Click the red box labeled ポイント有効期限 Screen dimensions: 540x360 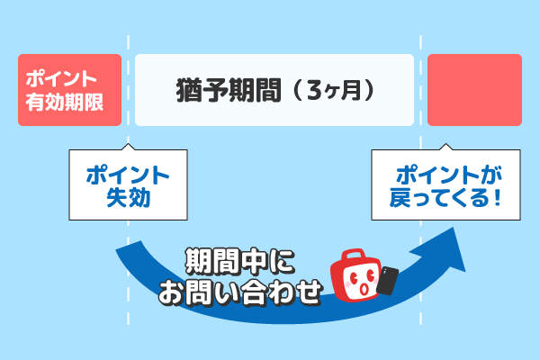69,90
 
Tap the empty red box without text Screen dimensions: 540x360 474,90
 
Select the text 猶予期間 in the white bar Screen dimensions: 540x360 229,91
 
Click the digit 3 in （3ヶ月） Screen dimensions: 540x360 314,90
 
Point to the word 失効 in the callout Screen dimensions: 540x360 128,198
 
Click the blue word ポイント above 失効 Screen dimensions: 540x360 128,175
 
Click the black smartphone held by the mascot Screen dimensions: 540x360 388,281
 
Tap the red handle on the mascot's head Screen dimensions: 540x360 353,256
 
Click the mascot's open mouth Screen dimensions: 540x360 364,289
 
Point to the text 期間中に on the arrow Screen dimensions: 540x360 240,262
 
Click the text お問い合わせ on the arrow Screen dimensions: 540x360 240,292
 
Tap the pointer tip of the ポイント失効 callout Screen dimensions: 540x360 128,143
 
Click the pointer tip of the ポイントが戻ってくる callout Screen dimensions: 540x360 446,143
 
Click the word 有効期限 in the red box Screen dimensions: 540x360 65,102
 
